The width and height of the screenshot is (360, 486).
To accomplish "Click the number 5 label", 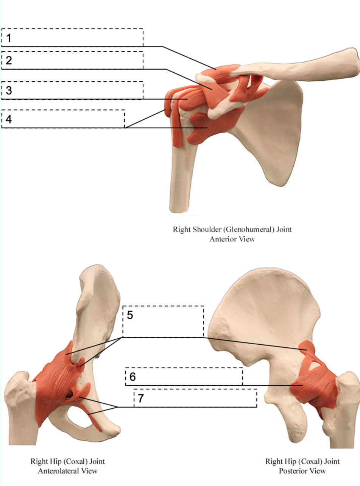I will click(130, 315).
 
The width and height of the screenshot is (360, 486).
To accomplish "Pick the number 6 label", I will click(132, 377).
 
